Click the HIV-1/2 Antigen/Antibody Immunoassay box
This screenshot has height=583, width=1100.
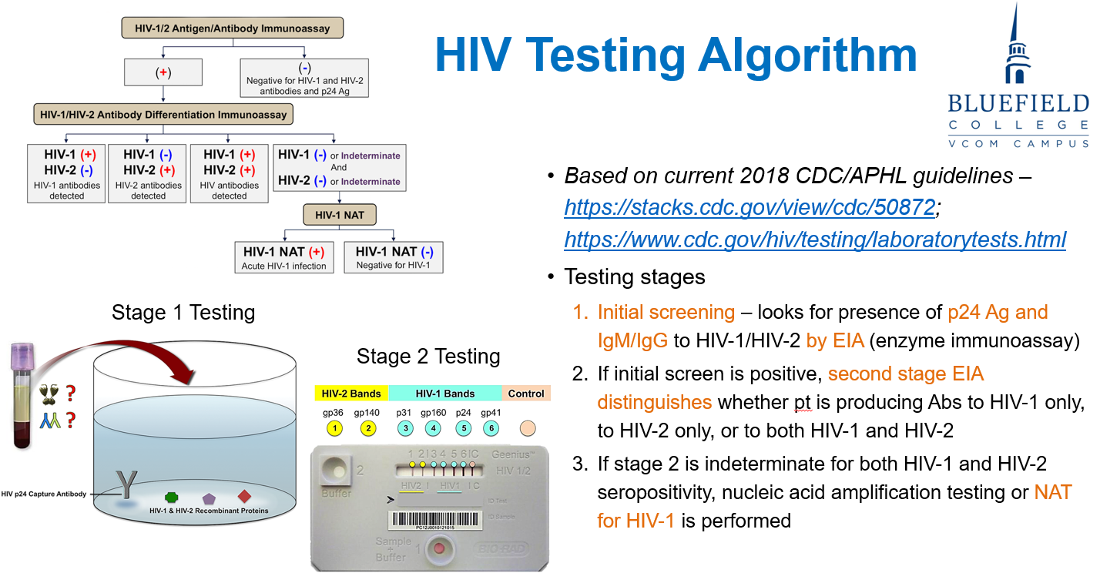233,28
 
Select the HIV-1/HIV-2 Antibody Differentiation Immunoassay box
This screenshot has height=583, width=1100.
163,115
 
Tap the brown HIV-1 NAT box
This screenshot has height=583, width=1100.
339,215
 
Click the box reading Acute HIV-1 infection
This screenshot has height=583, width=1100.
284,257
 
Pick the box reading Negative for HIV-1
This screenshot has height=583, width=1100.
393,257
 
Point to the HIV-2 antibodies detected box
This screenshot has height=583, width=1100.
148,173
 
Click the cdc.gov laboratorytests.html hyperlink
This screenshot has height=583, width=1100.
815,240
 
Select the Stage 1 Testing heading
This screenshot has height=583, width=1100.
183,312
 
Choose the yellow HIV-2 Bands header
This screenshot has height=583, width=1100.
350,394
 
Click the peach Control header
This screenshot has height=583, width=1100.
526,394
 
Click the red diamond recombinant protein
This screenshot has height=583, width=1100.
245,496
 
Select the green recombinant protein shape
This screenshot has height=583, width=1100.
173,498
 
